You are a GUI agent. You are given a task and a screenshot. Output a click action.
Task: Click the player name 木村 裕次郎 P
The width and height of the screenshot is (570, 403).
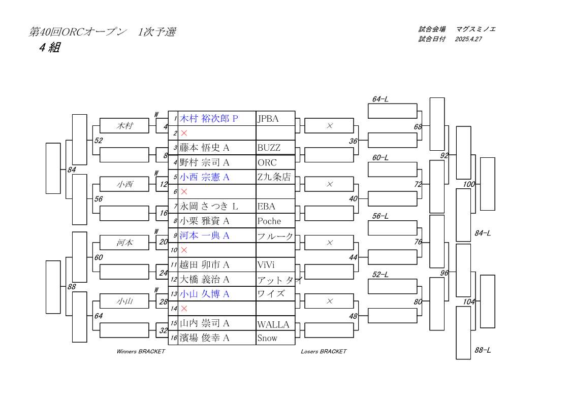tap(209, 119)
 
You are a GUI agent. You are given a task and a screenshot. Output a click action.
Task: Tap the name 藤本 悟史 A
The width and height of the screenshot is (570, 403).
tap(204, 148)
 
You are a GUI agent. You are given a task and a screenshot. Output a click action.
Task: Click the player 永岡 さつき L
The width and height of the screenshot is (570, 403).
tap(209, 206)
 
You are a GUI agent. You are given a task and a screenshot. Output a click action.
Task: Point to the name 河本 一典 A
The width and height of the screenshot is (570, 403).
tap(204, 236)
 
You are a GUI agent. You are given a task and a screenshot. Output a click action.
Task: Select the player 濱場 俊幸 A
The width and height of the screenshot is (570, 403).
tap(204, 338)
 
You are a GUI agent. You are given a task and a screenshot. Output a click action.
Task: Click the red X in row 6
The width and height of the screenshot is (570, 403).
tap(184, 192)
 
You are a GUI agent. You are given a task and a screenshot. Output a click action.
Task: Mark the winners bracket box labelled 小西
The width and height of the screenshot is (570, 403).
tap(124, 184)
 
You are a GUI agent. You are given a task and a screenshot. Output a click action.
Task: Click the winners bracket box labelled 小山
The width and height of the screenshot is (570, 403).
tap(124, 301)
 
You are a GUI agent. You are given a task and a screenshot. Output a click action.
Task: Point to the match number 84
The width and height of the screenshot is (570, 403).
tap(72, 170)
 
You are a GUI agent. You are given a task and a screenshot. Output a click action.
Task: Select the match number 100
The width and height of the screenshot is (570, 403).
tap(469, 184)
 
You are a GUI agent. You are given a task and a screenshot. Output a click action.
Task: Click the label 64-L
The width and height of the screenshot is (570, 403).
tap(380, 99)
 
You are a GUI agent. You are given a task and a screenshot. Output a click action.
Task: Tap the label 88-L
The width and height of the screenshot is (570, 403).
tap(483, 350)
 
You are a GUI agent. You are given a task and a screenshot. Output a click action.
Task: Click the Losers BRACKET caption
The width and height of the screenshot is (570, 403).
tap(324, 351)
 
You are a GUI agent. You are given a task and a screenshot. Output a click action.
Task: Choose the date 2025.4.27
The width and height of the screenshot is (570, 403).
tap(468, 39)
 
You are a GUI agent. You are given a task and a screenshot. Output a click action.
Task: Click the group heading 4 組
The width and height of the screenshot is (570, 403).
tap(50, 48)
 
